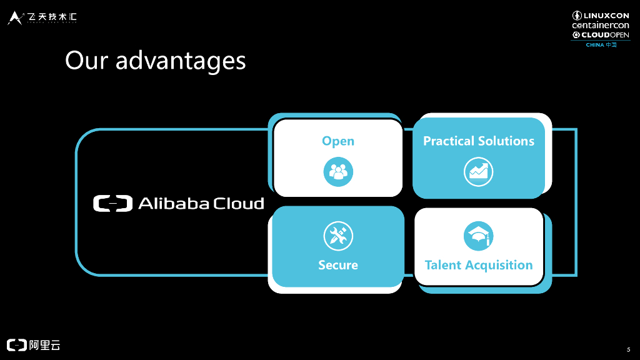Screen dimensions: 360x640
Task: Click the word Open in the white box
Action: [338, 141]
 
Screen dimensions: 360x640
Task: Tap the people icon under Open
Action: [338, 172]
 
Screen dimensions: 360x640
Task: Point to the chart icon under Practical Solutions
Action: [479, 172]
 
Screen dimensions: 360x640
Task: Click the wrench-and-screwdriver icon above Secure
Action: [338, 236]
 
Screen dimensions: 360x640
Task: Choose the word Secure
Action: [338, 265]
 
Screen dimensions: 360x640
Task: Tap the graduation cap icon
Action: [479, 236]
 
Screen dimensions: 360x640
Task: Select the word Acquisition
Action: [497, 265]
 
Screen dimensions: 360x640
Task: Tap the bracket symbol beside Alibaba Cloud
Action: [113, 204]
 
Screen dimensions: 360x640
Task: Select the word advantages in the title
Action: [181, 61]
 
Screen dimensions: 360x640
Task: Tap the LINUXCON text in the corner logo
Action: [606, 15]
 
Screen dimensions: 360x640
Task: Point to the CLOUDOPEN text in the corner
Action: [606, 35]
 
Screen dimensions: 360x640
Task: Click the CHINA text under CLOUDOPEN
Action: [595, 45]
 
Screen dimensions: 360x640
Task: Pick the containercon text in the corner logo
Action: [601, 25]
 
